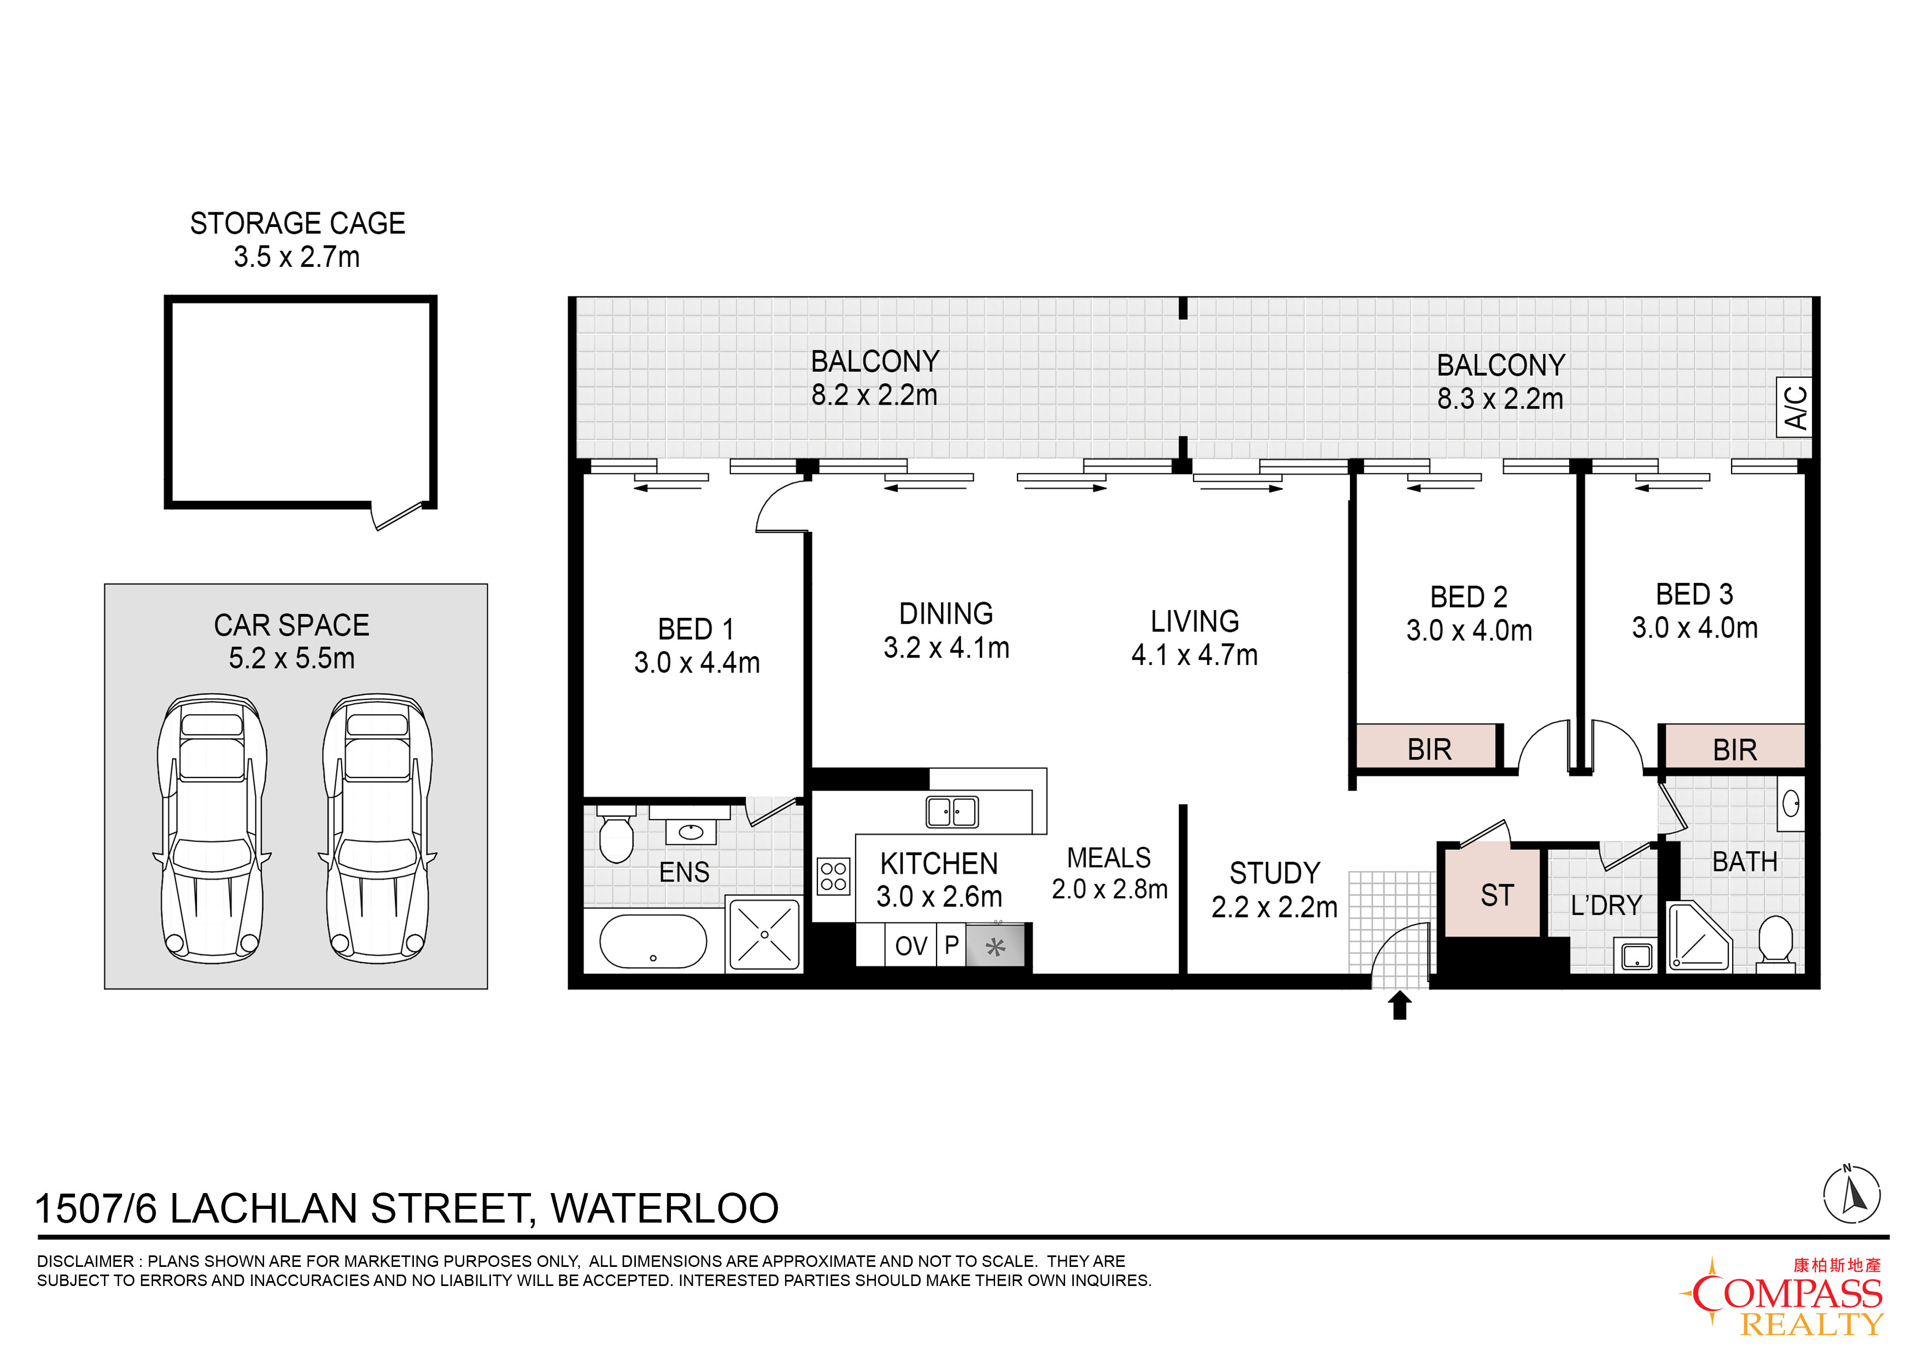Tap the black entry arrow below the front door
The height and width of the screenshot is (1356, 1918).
(1400, 1005)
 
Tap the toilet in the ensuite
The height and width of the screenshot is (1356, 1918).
(617, 835)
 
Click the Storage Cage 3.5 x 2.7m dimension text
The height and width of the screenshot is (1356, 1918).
(296, 256)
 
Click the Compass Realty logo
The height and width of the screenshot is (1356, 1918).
(1782, 1295)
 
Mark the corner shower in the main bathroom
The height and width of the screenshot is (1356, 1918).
(1699, 937)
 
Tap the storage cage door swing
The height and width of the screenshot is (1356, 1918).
(399, 516)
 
